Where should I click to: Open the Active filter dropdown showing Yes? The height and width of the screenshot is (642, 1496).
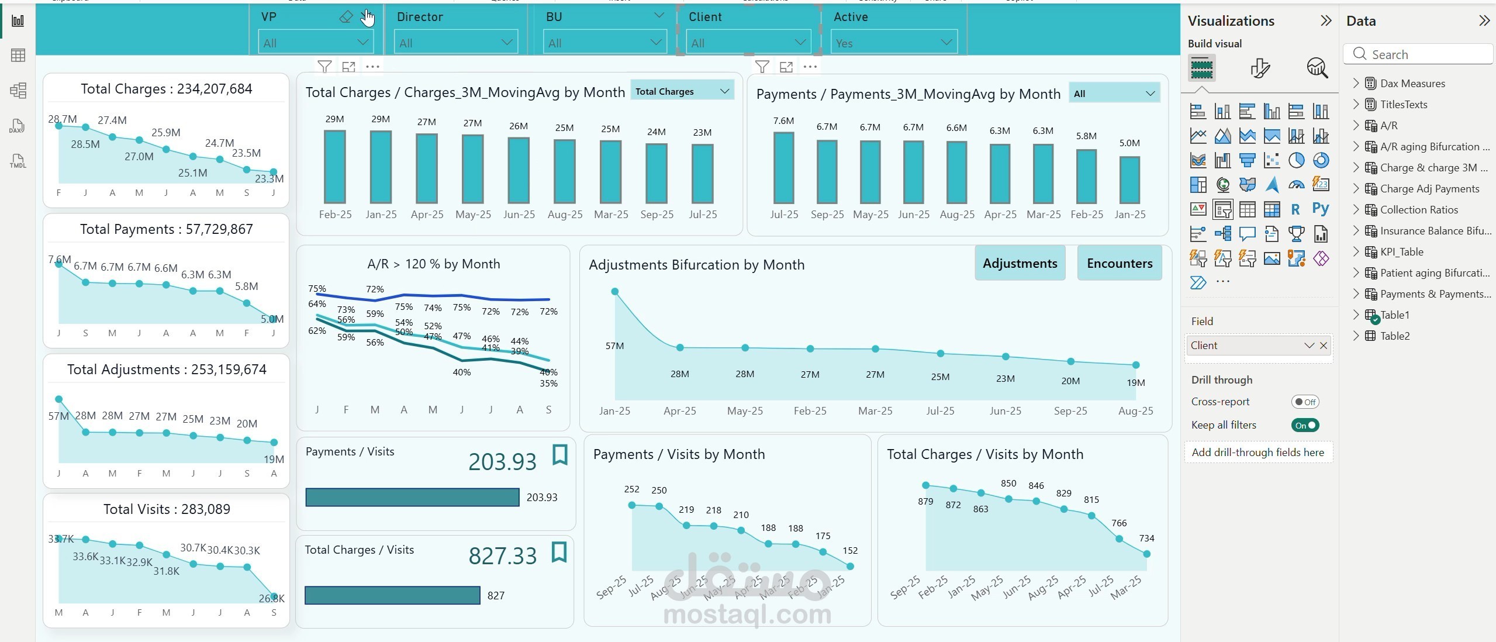click(x=893, y=43)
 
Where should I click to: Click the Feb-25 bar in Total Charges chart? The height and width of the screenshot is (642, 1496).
click(x=335, y=167)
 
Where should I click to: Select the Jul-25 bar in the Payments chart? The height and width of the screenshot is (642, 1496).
click(x=783, y=167)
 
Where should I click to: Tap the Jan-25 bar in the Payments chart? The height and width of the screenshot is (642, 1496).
click(x=1129, y=180)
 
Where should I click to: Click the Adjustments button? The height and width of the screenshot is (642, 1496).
click(x=1020, y=263)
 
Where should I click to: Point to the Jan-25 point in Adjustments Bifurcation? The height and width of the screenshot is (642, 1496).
click(x=614, y=291)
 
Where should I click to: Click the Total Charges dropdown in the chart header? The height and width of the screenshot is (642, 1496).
click(x=682, y=91)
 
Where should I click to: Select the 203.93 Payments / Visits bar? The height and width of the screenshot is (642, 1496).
click(x=412, y=497)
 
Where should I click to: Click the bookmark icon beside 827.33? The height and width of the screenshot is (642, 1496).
click(x=559, y=552)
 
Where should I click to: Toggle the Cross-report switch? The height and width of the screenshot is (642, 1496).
click(x=1304, y=402)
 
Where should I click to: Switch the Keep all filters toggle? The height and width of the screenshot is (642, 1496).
click(x=1304, y=425)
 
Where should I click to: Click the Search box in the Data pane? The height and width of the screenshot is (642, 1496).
click(x=1421, y=54)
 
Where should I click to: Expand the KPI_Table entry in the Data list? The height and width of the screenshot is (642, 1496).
click(x=1356, y=252)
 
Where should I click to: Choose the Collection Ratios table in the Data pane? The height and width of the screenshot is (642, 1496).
click(x=1418, y=210)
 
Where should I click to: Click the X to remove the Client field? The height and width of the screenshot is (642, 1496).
click(x=1324, y=346)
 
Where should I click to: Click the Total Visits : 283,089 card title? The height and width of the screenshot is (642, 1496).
click(x=167, y=509)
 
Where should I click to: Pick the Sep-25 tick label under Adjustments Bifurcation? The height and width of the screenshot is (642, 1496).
click(x=1070, y=410)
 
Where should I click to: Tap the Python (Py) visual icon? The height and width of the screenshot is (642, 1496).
click(x=1320, y=209)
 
